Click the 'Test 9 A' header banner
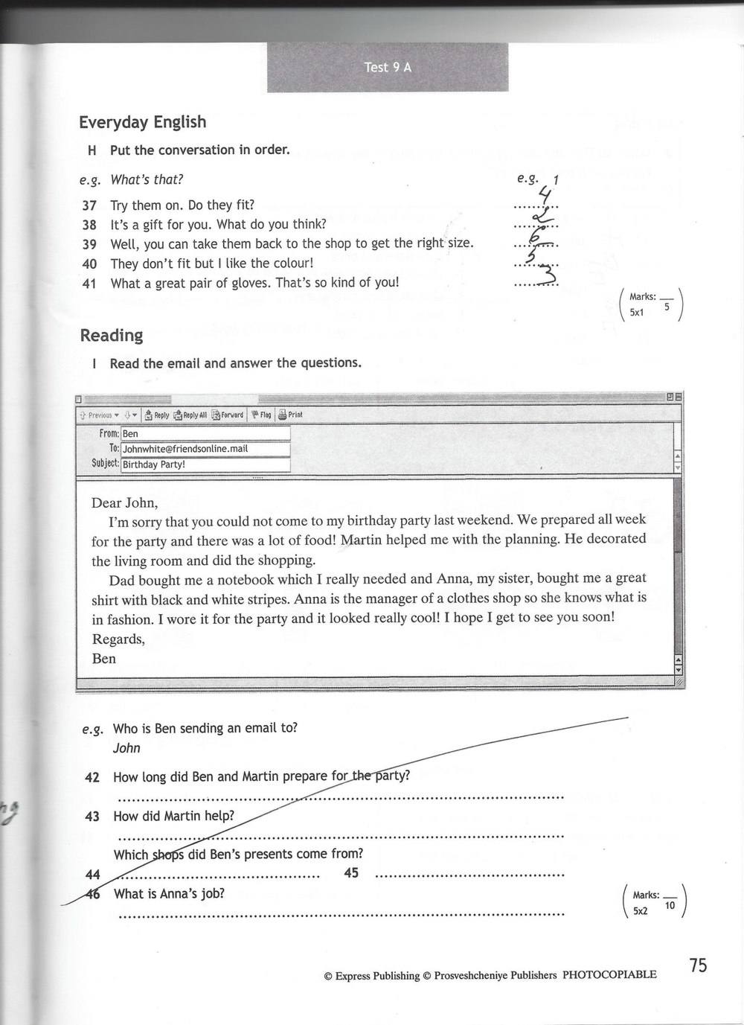tap(388, 67)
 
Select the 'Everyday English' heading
tap(143, 122)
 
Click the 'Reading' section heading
tap(112, 336)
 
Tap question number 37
tap(89, 205)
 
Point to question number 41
tap(89, 283)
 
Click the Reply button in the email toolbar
tap(157, 415)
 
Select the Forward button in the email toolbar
tap(228, 415)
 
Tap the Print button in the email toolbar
tap(291, 415)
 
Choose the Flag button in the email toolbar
tap(261, 415)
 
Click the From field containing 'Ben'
tap(205, 433)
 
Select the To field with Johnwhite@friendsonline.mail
tap(205, 449)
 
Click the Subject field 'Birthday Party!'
tap(205, 464)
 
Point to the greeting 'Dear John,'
tap(125, 502)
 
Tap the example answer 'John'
tap(126, 748)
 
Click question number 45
tap(351, 872)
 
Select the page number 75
tap(698, 965)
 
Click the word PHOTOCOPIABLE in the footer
tap(609, 974)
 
